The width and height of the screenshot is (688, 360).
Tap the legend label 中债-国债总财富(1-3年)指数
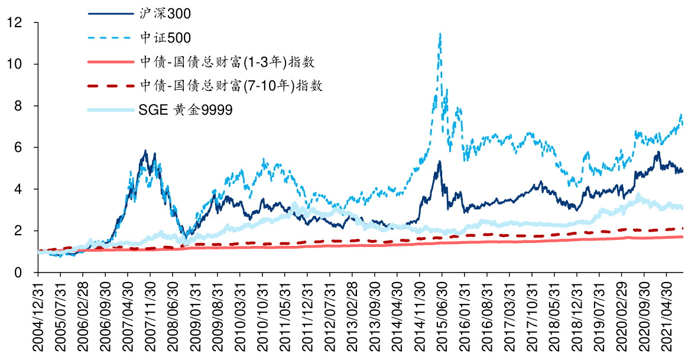[230, 61]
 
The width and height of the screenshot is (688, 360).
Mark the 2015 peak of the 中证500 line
[440, 34]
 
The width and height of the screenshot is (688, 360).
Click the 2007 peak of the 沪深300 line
[146, 151]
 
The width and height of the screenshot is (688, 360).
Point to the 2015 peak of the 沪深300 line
[439, 161]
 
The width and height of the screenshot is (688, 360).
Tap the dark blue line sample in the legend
[110, 12]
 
